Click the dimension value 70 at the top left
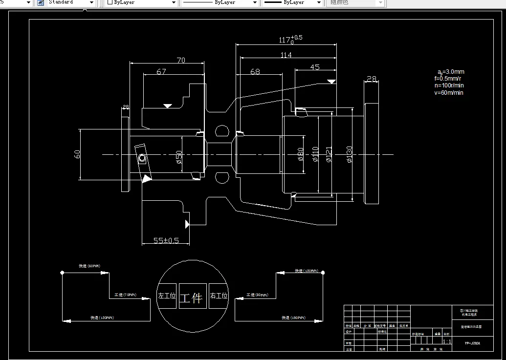pyautogui.click(x=181, y=61)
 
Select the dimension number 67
pyautogui.click(x=161, y=72)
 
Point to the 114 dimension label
pyautogui.click(x=286, y=55)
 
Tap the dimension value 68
pyautogui.click(x=255, y=72)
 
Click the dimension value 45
pyautogui.click(x=315, y=67)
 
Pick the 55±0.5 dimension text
pyautogui.click(x=166, y=240)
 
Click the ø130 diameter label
pyautogui.click(x=349, y=154)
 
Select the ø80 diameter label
pyautogui.click(x=301, y=154)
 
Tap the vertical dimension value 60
pyautogui.click(x=77, y=154)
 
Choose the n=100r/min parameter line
pyautogui.click(x=449, y=85)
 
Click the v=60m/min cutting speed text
pyautogui.click(x=448, y=93)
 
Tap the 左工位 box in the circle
pyautogui.click(x=166, y=296)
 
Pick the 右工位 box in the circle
pyautogui.click(x=219, y=296)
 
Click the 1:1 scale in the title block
pyautogui.click(x=446, y=341)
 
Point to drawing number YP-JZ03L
pyautogui.click(x=472, y=343)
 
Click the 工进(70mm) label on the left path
pyautogui.click(x=125, y=295)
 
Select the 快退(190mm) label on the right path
pyautogui.click(x=293, y=318)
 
